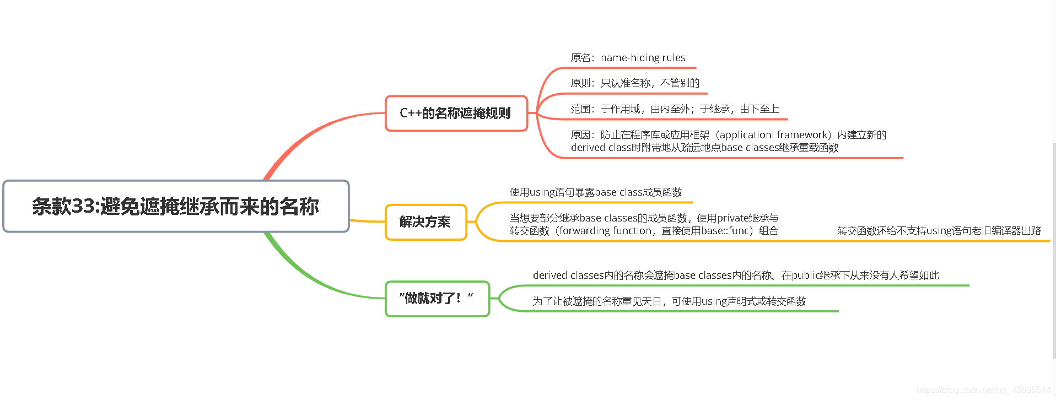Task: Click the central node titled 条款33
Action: pos(176,206)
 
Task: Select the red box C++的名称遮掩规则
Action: pos(456,113)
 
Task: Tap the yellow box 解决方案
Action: pos(425,222)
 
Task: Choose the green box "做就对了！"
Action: pos(437,299)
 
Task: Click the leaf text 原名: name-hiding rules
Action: pos(628,58)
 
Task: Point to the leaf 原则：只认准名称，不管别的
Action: pos(635,83)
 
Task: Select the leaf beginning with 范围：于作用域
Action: pos(675,109)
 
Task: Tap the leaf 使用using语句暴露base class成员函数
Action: pos(595,192)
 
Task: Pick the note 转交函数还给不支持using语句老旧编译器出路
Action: pos(939,231)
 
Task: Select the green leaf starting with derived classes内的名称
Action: pos(735,275)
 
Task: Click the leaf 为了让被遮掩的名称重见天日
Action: pos(669,301)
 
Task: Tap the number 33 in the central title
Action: pos(84,207)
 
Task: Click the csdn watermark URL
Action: pos(983,390)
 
